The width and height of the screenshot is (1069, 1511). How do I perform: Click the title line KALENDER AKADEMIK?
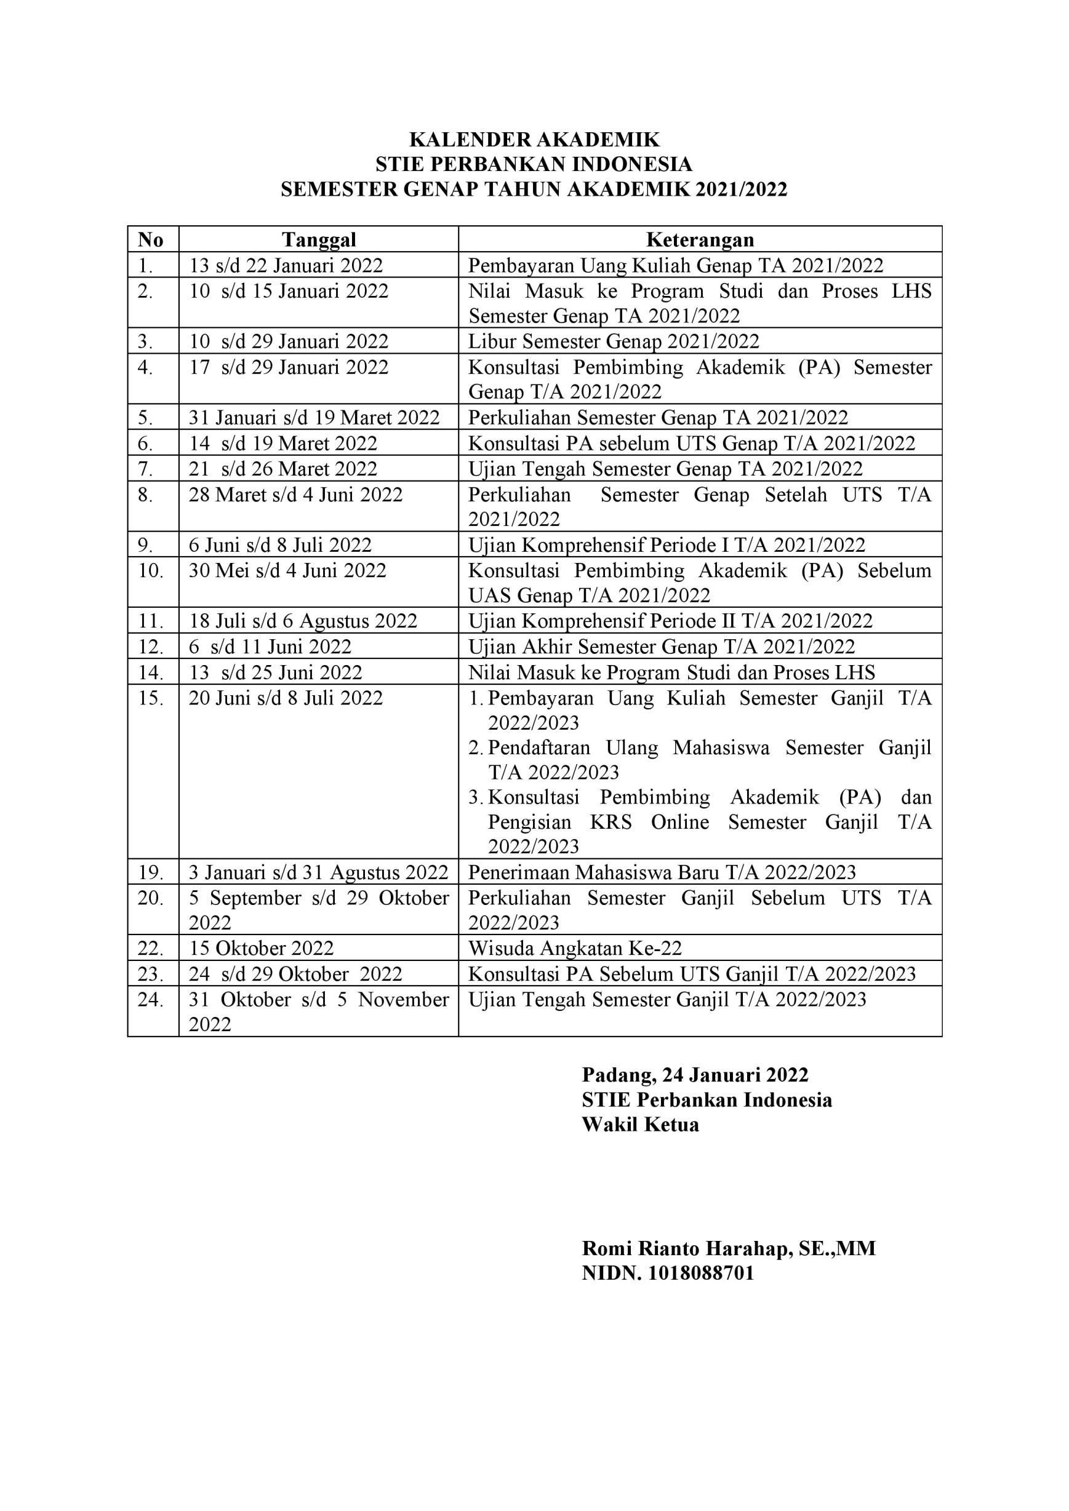point(534,140)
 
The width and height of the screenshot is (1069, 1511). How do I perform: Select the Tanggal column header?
point(319,239)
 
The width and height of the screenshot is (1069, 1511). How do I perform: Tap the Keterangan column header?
point(700,239)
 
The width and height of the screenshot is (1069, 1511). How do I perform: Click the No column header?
point(151,239)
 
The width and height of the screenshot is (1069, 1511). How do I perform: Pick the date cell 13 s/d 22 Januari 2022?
point(286,265)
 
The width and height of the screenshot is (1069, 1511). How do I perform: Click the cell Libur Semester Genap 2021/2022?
point(614,341)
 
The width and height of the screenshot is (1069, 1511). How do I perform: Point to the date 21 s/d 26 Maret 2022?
point(283,469)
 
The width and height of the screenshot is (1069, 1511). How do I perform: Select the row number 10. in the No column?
point(151,570)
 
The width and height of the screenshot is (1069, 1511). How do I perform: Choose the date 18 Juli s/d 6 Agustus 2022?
point(303,621)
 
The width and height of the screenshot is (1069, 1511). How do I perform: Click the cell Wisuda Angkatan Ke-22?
point(575,947)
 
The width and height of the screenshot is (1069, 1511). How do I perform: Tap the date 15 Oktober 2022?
point(262,947)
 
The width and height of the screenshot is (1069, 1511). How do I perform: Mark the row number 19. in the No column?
point(151,872)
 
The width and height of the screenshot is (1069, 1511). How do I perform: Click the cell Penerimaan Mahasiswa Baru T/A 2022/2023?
point(662,872)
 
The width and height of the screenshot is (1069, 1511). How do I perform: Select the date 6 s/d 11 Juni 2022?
point(270,646)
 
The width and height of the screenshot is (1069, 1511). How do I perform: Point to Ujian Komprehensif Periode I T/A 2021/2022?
point(666,545)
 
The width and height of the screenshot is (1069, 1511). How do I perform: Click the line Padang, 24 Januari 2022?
point(694,1075)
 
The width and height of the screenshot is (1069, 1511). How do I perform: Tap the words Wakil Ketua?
point(640,1125)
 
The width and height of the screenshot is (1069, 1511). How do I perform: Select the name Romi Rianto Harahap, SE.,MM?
point(729,1248)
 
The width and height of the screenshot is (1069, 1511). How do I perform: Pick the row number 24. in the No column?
point(151,1000)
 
